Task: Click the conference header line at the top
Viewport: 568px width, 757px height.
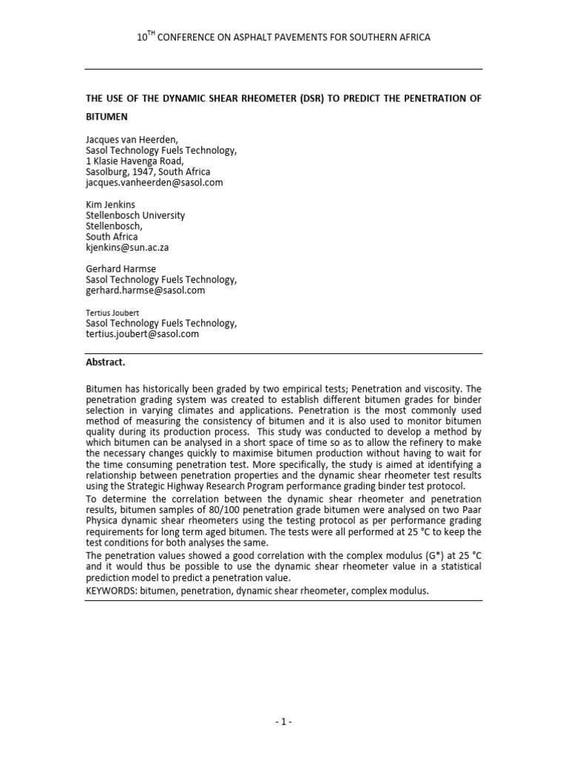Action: (283, 37)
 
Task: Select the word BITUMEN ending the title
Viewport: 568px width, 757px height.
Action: (107, 117)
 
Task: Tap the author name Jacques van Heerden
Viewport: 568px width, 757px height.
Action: (133, 139)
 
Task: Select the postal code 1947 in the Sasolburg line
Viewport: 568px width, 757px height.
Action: (150, 172)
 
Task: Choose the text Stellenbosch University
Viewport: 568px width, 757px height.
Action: (136, 215)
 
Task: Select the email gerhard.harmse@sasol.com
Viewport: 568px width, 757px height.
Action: (146, 291)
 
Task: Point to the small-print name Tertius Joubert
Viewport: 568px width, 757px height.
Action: (113, 313)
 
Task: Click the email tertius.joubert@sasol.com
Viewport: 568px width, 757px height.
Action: (143, 334)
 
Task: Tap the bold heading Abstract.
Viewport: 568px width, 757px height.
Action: (106, 363)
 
